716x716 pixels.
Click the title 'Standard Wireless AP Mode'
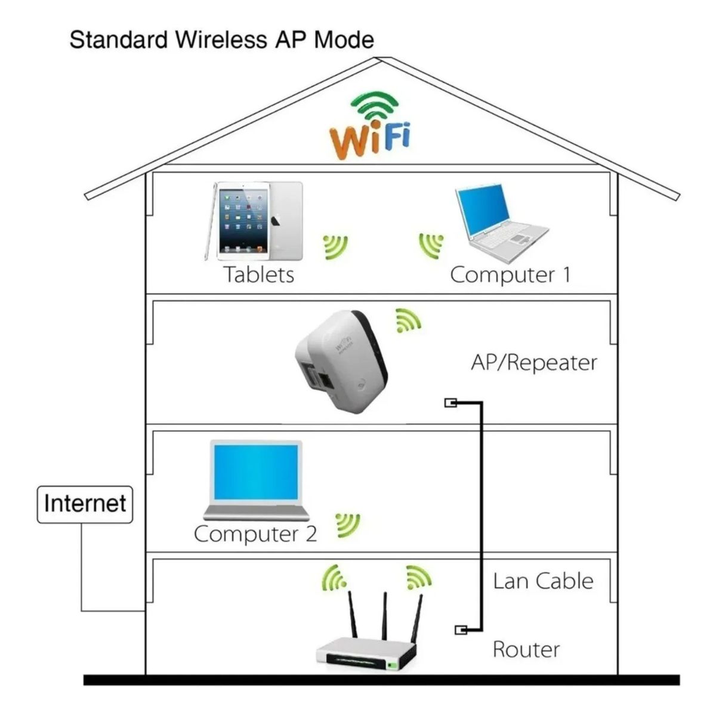[x=221, y=40]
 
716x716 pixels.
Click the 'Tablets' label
[x=259, y=274]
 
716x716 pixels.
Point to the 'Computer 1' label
[x=510, y=274]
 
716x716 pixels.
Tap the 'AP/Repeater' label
[x=533, y=362]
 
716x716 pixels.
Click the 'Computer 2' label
[x=255, y=533]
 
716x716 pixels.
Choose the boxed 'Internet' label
[x=85, y=504]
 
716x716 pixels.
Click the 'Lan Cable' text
[x=543, y=581]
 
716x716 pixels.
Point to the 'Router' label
[x=526, y=649]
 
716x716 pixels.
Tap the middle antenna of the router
[x=385, y=615]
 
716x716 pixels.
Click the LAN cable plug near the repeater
[x=451, y=403]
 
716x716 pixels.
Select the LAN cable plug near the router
[x=461, y=629]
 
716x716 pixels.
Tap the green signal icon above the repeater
[x=408, y=320]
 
